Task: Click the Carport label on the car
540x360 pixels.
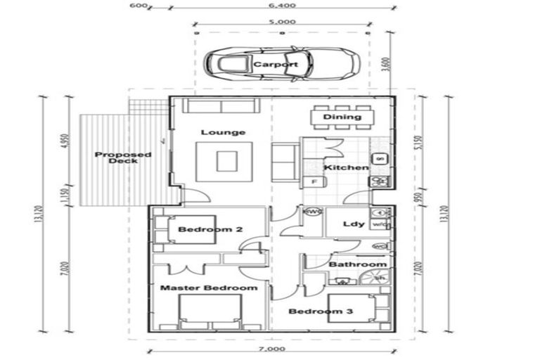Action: coord(276,65)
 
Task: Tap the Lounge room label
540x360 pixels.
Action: coord(223,132)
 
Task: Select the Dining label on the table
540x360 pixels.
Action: coord(342,117)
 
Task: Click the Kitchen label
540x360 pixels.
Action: coord(345,168)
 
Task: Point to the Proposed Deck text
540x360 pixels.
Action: coord(113,158)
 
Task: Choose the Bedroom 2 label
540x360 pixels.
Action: coord(200,230)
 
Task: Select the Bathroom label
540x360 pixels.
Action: coord(358,264)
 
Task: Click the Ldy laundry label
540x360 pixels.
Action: coord(353,224)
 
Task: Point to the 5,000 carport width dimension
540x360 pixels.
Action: coord(281,22)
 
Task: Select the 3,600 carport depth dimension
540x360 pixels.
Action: coord(383,65)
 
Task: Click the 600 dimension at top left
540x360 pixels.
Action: coord(138,6)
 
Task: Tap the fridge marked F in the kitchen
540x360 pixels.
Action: coord(313,182)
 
